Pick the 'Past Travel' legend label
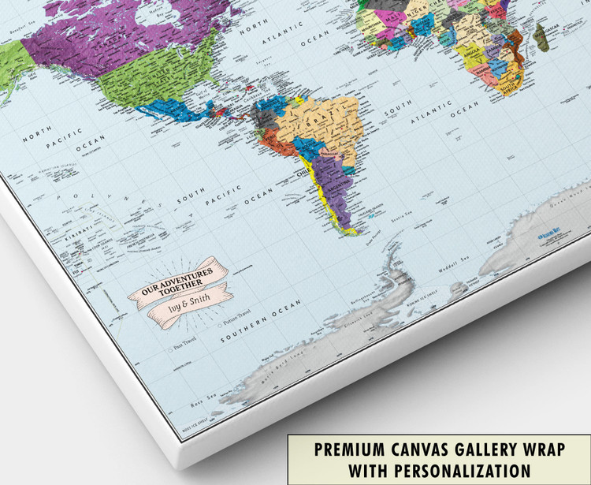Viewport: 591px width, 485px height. click(x=184, y=345)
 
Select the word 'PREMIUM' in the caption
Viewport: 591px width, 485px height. click(x=351, y=450)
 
